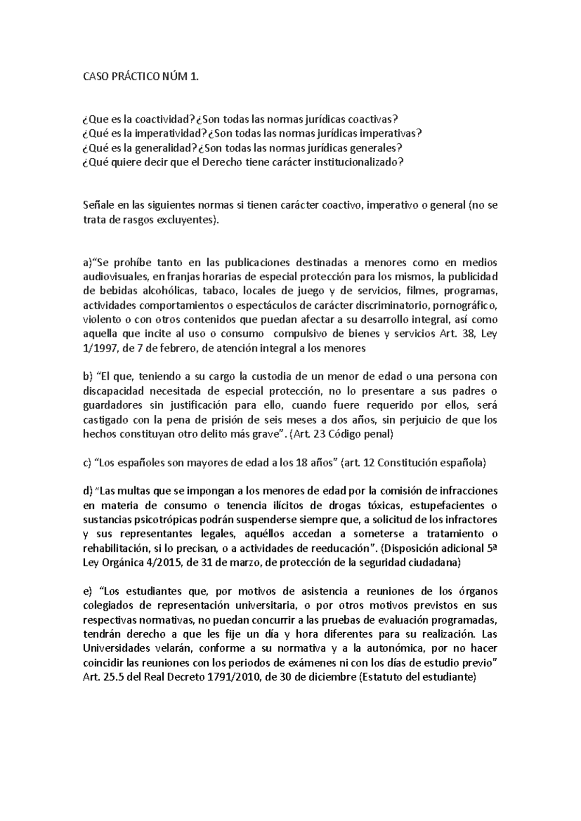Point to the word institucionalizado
tap(358, 162)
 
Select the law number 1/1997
tap(100, 349)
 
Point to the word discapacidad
tap(111, 391)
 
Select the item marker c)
tap(87, 463)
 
